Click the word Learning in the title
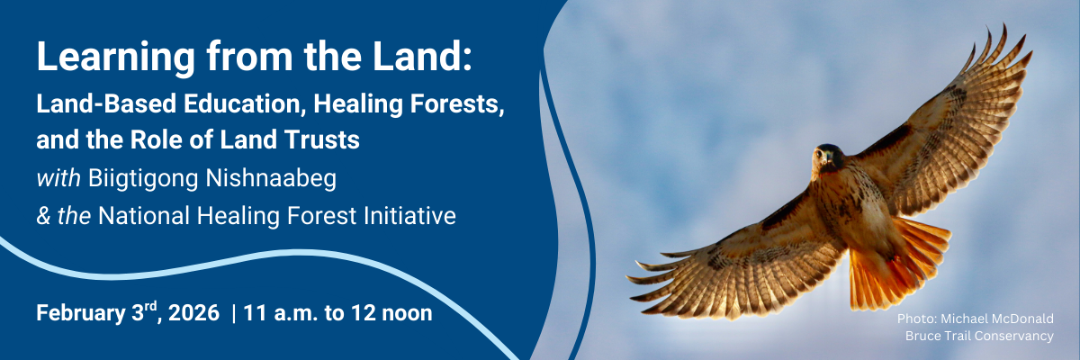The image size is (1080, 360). coord(116,58)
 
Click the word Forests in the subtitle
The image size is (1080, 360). coord(454,103)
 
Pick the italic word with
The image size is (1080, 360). coord(58,178)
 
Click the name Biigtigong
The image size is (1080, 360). coord(143,179)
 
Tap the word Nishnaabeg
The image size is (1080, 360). coord(271,179)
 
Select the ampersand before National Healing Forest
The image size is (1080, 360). coord(43,215)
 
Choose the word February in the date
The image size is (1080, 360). coord(80,314)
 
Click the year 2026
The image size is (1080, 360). coord(193,313)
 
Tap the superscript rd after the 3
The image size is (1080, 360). coord(151,306)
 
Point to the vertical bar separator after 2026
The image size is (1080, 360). coord(234,313)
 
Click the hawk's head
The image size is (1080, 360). coord(827,157)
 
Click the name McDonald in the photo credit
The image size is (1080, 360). coord(1021,319)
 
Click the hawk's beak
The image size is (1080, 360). coord(827,158)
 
